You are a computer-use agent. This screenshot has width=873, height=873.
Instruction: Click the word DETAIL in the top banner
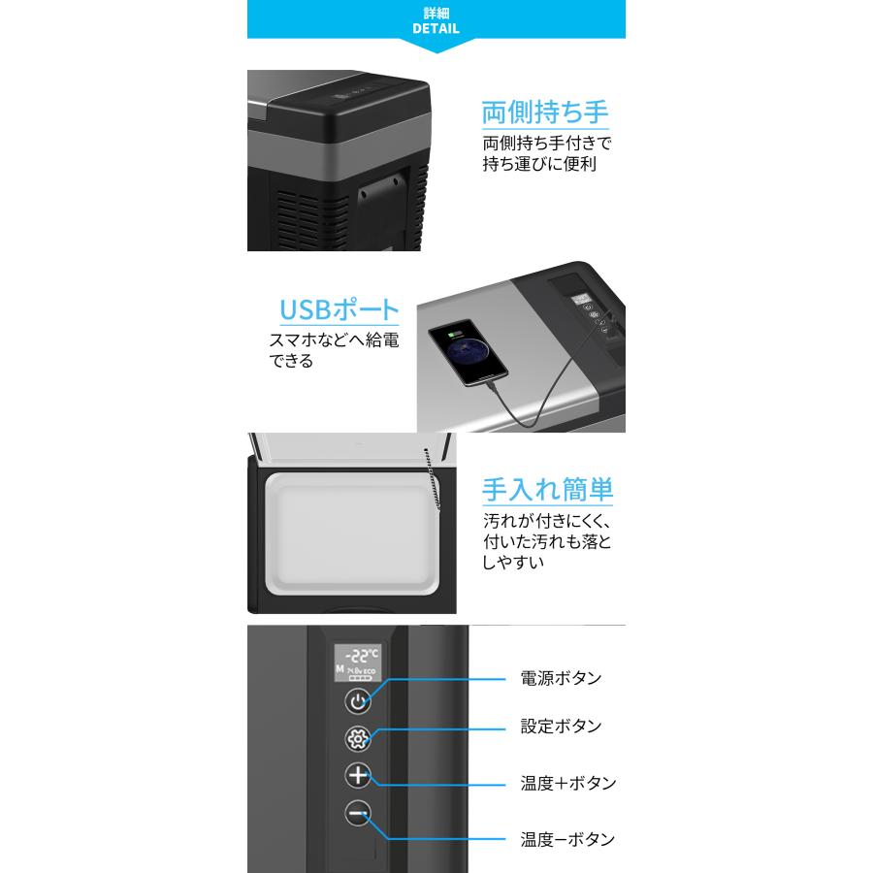point(436,29)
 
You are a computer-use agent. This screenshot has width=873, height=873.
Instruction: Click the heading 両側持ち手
point(545,112)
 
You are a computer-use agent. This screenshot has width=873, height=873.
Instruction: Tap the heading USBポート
point(339,310)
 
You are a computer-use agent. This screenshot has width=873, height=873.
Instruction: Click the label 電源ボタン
point(561,677)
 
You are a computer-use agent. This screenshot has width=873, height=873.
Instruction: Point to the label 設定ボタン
point(561,726)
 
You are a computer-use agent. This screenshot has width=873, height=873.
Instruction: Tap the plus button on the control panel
point(359,776)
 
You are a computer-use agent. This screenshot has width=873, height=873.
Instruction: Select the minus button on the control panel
point(359,815)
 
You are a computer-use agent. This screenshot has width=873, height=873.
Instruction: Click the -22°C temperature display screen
point(359,663)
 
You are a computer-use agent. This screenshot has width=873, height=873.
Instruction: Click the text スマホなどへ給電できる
point(333,351)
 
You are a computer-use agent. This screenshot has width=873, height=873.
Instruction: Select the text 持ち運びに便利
point(539,164)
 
